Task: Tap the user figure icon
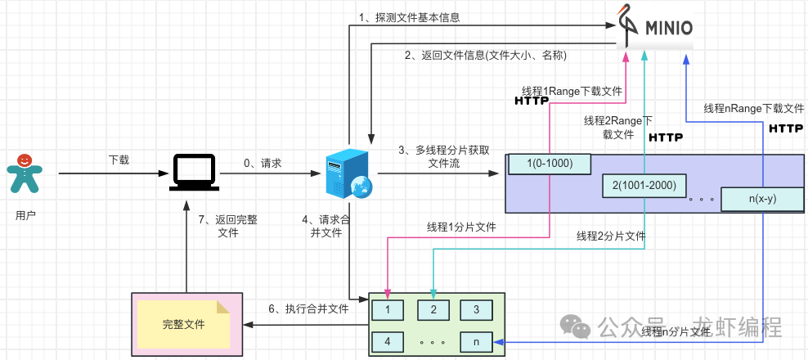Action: [x=25, y=175]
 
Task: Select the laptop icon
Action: [x=194, y=173]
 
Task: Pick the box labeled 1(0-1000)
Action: [x=550, y=164]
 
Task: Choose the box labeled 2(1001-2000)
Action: [x=644, y=186]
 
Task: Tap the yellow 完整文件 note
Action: [x=183, y=323]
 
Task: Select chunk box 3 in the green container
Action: [x=475, y=310]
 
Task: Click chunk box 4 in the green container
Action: [x=388, y=340]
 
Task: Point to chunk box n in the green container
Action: [x=475, y=340]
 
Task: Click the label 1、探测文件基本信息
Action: [x=409, y=17]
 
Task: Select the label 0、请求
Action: [x=263, y=164]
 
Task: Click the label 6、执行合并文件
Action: [x=308, y=309]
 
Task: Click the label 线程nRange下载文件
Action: [x=754, y=109]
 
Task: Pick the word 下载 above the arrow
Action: [x=119, y=160]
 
